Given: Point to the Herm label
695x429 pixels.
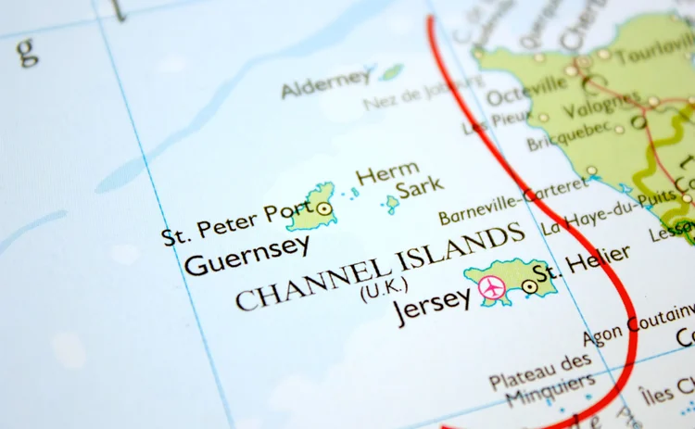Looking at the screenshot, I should tap(387, 174).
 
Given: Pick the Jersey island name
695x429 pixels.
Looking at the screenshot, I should tap(433, 304).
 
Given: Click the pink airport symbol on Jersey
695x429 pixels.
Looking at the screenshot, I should tap(491, 289).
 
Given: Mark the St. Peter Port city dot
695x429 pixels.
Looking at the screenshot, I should tap(323, 209).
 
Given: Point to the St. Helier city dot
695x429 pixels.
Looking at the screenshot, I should tap(529, 286).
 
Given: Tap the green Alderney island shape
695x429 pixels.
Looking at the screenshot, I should tap(392, 71).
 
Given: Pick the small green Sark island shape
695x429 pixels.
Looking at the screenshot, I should tap(392, 203).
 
